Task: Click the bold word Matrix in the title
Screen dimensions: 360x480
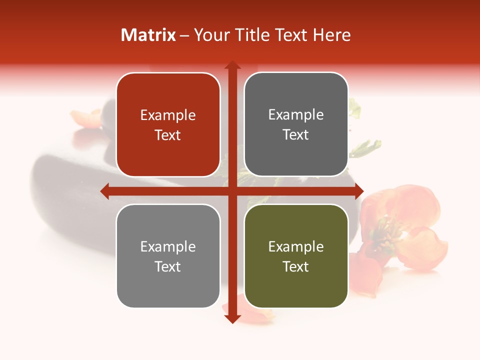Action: click(148, 35)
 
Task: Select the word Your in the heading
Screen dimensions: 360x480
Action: click(210, 35)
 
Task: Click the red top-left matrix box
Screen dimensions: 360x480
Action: click(168, 100)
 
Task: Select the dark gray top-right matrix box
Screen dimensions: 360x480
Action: click(296, 100)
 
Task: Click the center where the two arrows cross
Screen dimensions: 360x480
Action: click(232, 191)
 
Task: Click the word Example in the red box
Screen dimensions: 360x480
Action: click(168, 115)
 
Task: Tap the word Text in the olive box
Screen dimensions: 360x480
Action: click(296, 266)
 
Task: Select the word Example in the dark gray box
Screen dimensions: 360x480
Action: click(296, 115)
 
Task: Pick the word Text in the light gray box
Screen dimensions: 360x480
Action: click(168, 266)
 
